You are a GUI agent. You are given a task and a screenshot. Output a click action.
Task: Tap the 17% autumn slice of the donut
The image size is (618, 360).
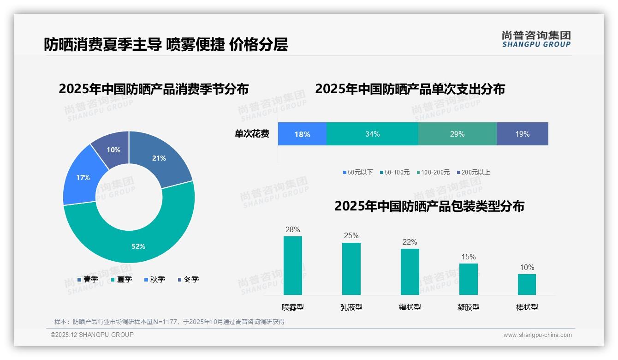pyautogui.click(x=83, y=178)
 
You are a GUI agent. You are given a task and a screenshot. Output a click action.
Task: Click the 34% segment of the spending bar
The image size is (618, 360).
pyautogui.click(x=372, y=134)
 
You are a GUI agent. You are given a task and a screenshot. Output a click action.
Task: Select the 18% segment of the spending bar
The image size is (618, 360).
pyautogui.click(x=302, y=134)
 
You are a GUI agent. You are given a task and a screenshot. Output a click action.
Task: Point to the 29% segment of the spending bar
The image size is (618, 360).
pyautogui.click(x=457, y=134)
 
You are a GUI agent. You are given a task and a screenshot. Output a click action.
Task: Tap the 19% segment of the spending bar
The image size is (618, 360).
pyautogui.click(x=523, y=134)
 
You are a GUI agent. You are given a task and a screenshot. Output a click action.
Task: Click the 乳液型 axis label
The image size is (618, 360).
pyautogui.click(x=351, y=307)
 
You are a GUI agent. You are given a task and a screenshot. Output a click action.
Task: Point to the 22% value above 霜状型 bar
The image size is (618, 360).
pyautogui.click(x=410, y=242)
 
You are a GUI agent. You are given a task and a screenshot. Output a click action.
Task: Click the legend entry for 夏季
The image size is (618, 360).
pyautogui.click(x=121, y=279)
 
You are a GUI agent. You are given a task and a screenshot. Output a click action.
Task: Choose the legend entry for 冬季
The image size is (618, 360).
pyautogui.click(x=188, y=279)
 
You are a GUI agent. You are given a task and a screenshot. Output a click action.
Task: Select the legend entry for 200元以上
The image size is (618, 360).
pyautogui.click(x=473, y=172)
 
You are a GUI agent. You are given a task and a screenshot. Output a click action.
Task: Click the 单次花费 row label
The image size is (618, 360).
pyautogui.click(x=252, y=134)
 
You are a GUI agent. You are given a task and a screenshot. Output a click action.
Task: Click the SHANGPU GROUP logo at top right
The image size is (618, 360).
pyautogui.click(x=536, y=39)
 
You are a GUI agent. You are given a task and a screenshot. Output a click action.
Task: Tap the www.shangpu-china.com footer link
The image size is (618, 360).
pyautogui.click(x=537, y=335)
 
